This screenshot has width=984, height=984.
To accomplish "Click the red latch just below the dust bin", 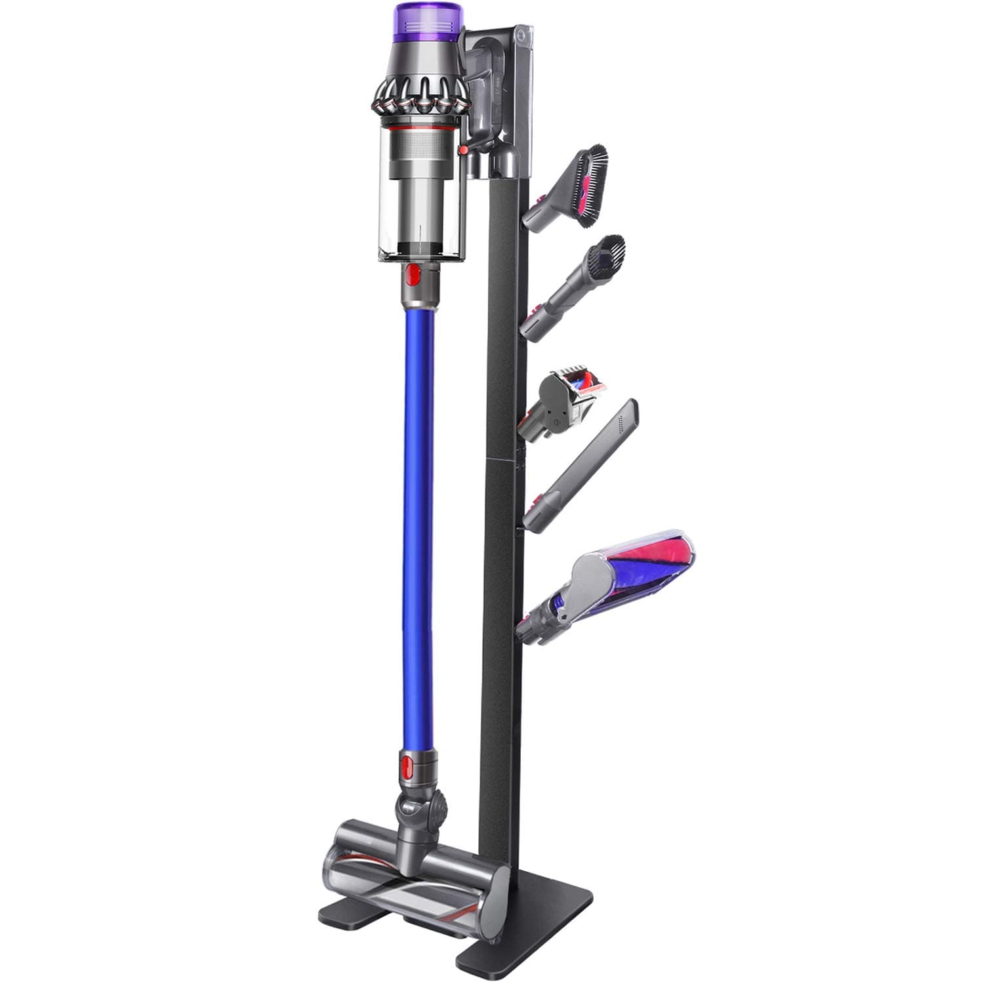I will [413, 275].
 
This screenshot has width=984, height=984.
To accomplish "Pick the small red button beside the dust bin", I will [464, 150].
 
